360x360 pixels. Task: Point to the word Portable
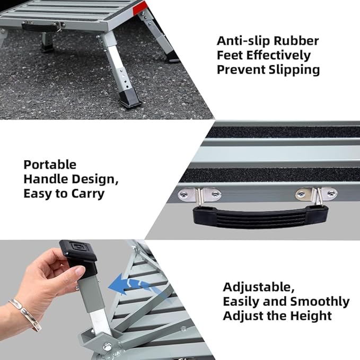(50, 164)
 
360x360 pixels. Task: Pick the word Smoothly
(319, 302)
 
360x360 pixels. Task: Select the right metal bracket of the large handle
(317, 195)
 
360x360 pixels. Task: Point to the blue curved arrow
(130, 286)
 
